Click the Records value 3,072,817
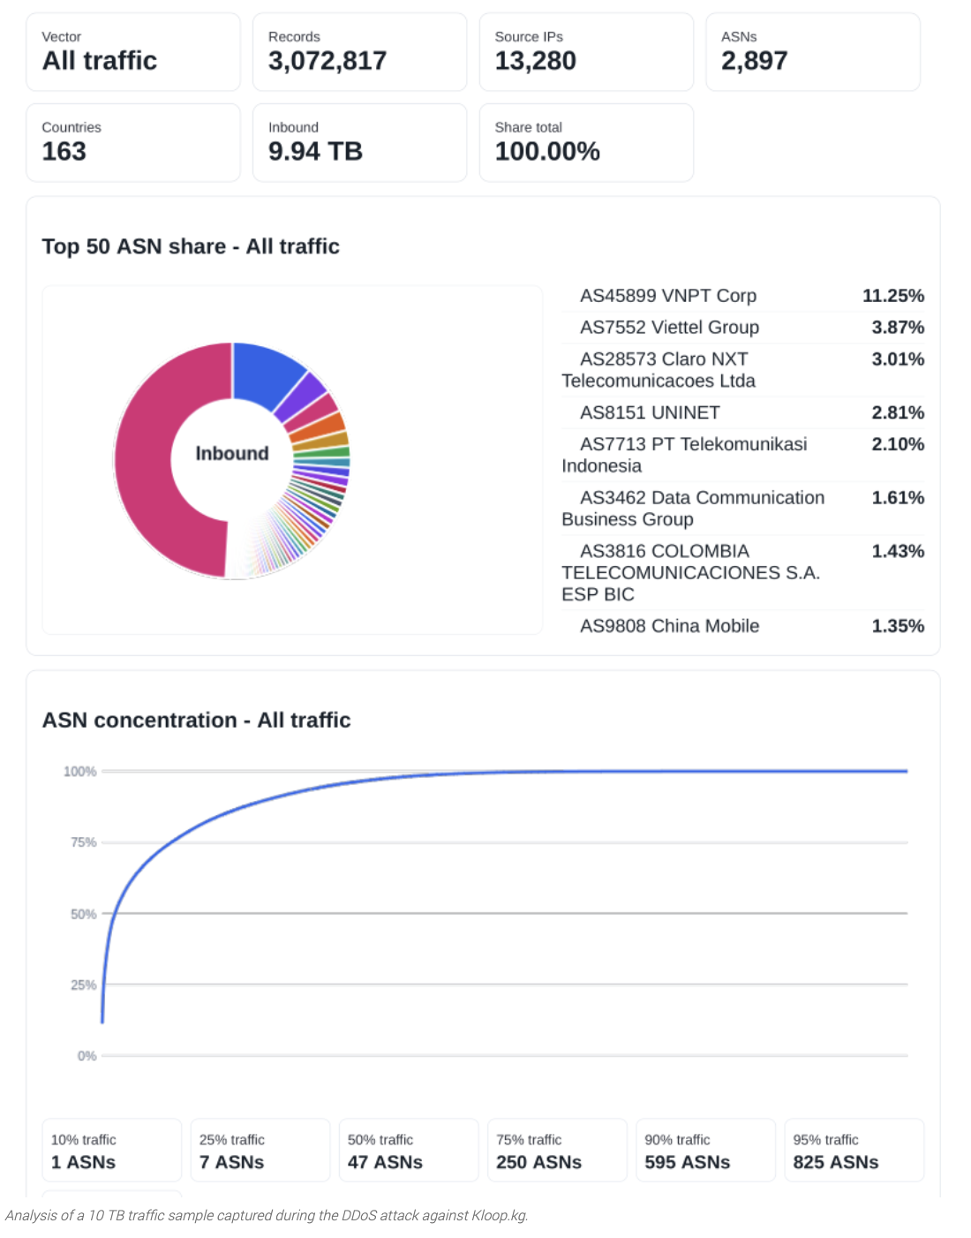(327, 60)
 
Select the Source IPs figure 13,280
(535, 60)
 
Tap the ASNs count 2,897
(755, 60)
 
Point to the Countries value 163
(64, 151)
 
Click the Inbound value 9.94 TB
(315, 151)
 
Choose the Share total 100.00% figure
(547, 151)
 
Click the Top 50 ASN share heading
(191, 246)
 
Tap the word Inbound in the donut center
(232, 453)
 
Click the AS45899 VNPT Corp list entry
(668, 296)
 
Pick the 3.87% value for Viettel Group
(898, 327)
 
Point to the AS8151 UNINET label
(650, 412)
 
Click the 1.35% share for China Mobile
(898, 625)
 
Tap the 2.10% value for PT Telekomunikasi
(898, 444)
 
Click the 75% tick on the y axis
(84, 842)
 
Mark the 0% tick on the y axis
(87, 1056)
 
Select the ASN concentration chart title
(197, 721)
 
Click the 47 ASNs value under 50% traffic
(385, 1162)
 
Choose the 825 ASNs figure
(835, 1162)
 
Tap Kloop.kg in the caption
(500, 1215)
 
